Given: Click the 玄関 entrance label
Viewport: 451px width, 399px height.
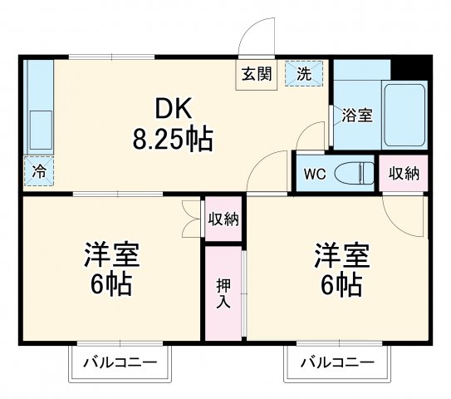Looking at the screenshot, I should [x=257, y=73].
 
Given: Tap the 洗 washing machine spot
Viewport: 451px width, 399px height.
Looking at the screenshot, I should [x=304, y=72].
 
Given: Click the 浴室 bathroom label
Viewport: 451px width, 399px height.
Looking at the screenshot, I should [x=358, y=115].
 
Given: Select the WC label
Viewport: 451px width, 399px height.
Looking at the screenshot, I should [x=314, y=175].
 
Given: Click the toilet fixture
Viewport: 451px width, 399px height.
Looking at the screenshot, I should [x=355, y=174].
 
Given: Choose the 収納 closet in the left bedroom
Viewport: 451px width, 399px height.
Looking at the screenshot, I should [x=223, y=219].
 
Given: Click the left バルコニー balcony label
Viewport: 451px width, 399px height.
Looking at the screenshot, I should [x=117, y=362].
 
